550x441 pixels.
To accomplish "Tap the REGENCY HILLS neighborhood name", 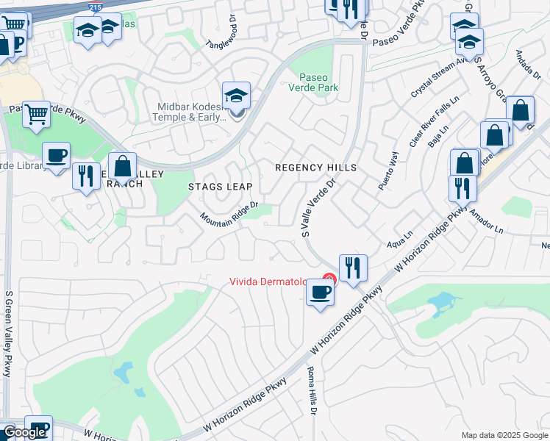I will point(315,168).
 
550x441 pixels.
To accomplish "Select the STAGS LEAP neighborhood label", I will point(220,186).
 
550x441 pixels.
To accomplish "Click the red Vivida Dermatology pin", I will point(329,279).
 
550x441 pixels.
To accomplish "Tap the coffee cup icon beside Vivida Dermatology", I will point(320,293).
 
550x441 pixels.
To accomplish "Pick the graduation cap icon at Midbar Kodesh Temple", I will point(237,96).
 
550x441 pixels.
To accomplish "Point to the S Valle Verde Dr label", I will point(318,207).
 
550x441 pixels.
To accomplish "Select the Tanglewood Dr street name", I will point(219,32).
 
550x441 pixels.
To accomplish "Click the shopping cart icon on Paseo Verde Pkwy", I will point(36,115).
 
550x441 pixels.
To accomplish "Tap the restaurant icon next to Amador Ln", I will point(463,188).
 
